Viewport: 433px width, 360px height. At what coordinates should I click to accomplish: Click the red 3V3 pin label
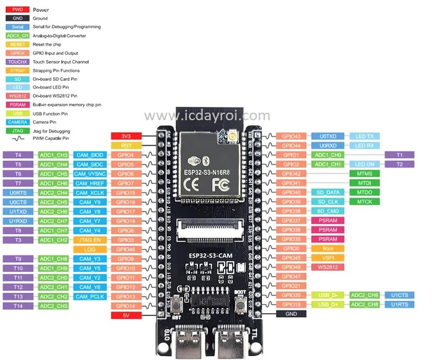126,136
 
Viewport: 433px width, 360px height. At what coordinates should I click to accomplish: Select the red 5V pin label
126,315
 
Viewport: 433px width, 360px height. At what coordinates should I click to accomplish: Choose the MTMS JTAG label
365,173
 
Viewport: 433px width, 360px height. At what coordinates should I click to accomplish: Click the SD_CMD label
327,211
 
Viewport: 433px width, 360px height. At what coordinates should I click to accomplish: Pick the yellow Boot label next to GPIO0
328,248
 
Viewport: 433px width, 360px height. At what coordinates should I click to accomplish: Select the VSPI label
328,257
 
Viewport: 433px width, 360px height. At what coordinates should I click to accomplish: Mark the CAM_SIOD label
89,155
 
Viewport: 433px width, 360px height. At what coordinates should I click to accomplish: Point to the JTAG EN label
89,239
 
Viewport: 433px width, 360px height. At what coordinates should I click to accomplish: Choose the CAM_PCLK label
89,296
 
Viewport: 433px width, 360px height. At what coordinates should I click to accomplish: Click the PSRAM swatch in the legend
17,105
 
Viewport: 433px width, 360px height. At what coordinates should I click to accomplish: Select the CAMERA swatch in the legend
17,122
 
